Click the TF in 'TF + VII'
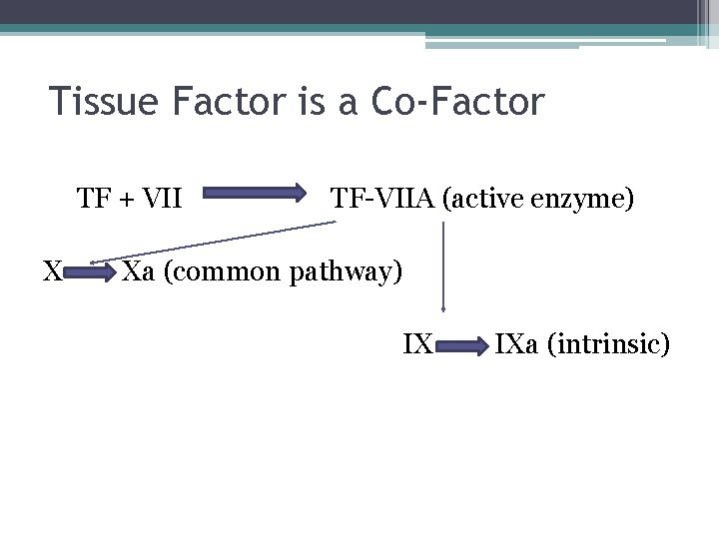(95, 199)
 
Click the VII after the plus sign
(162, 199)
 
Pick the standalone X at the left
(53, 270)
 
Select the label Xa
(138, 270)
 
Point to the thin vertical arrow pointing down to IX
(442, 269)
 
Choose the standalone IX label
(416, 345)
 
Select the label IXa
(515, 345)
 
